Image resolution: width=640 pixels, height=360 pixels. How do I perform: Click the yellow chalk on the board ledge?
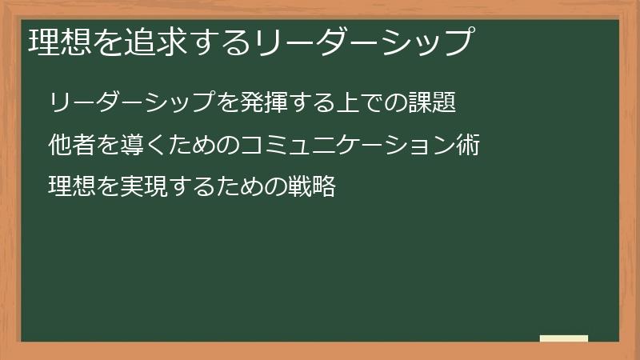click(x=564, y=338)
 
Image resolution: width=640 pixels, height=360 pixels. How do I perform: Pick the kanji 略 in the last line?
click(x=322, y=187)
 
